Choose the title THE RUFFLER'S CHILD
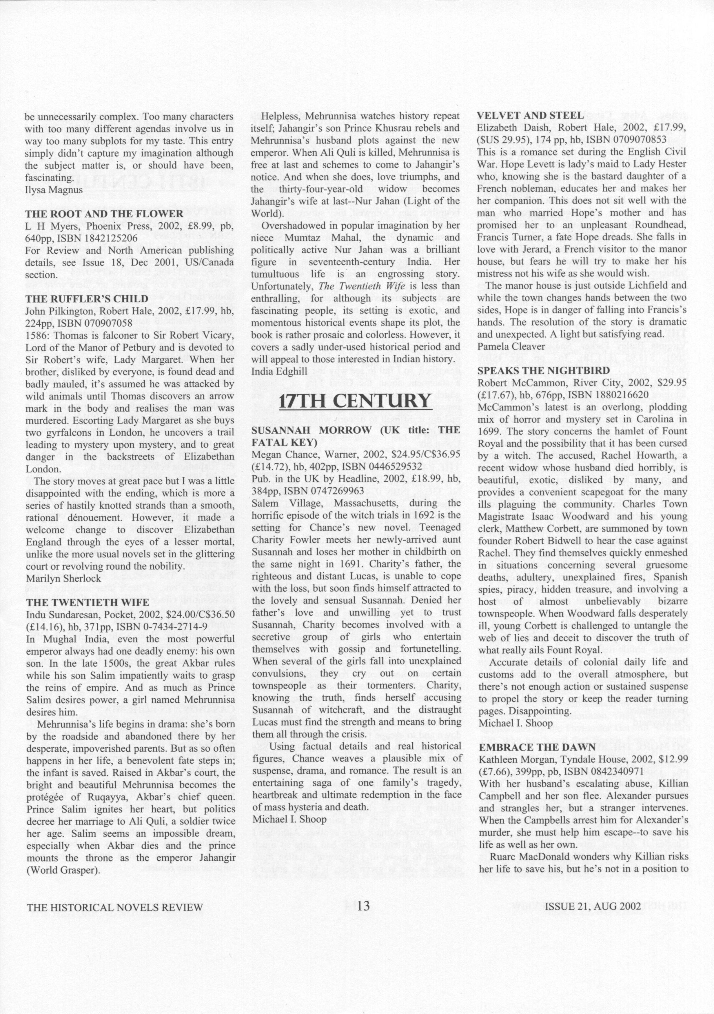[x=87, y=299]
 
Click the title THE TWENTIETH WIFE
[x=88, y=603]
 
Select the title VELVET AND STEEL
[x=530, y=116]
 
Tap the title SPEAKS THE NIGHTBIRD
[x=543, y=370]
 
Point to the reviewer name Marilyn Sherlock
[x=63, y=578]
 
